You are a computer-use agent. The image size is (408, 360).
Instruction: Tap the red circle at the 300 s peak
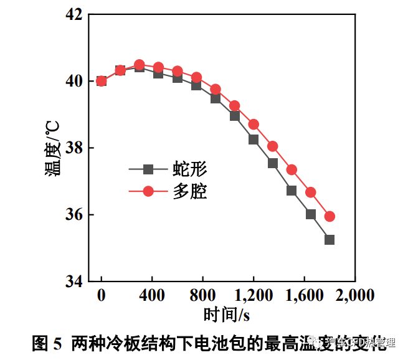(140, 65)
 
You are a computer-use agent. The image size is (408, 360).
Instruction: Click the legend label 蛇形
(189, 169)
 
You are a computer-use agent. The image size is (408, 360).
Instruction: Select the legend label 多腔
(189, 191)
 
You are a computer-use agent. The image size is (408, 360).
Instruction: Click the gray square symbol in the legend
(148, 169)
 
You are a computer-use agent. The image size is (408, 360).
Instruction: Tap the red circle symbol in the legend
(148, 191)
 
